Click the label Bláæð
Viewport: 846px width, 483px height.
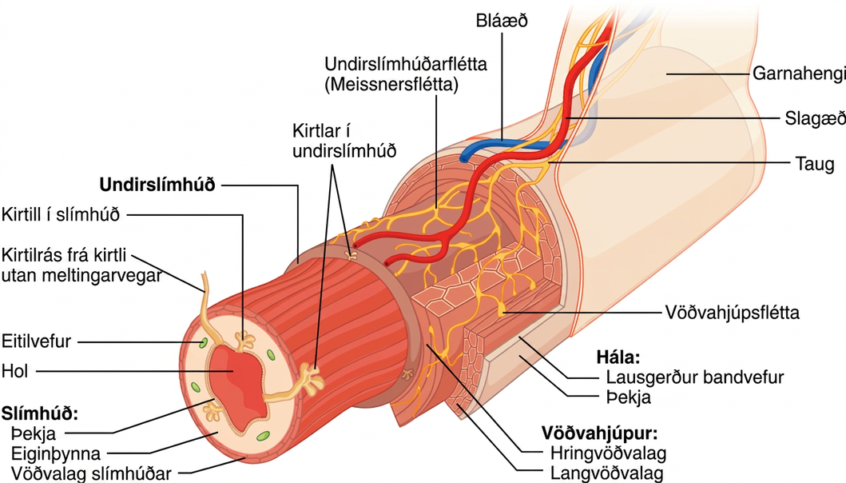pos(501,21)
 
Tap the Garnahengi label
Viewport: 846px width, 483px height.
pos(799,73)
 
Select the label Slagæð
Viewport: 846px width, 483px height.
pos(815,118)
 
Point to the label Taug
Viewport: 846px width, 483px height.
pos(815,163)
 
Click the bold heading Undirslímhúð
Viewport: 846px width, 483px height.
pos(157,185)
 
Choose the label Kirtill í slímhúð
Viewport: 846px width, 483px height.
pos(61,214)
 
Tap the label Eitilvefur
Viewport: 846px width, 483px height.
pos(36,341)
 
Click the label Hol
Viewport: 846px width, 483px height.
pos(14,371)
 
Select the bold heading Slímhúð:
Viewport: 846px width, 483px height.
pos(40,414)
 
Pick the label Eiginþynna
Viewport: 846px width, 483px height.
pos(56,453)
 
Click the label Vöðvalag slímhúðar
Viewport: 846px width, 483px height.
pos(91,473)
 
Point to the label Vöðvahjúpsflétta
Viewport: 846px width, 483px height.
pos(732,313)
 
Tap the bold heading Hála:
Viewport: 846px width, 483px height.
pos(618,357)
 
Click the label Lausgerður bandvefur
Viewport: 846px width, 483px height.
pos(695,377)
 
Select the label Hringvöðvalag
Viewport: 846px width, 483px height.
pos(608,453)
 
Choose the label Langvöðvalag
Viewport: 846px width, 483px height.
pos(606,473)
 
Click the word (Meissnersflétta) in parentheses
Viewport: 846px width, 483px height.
pos(391,84)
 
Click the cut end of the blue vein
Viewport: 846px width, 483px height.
pos(465,159)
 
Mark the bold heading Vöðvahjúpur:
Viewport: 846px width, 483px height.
pos(599,433)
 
